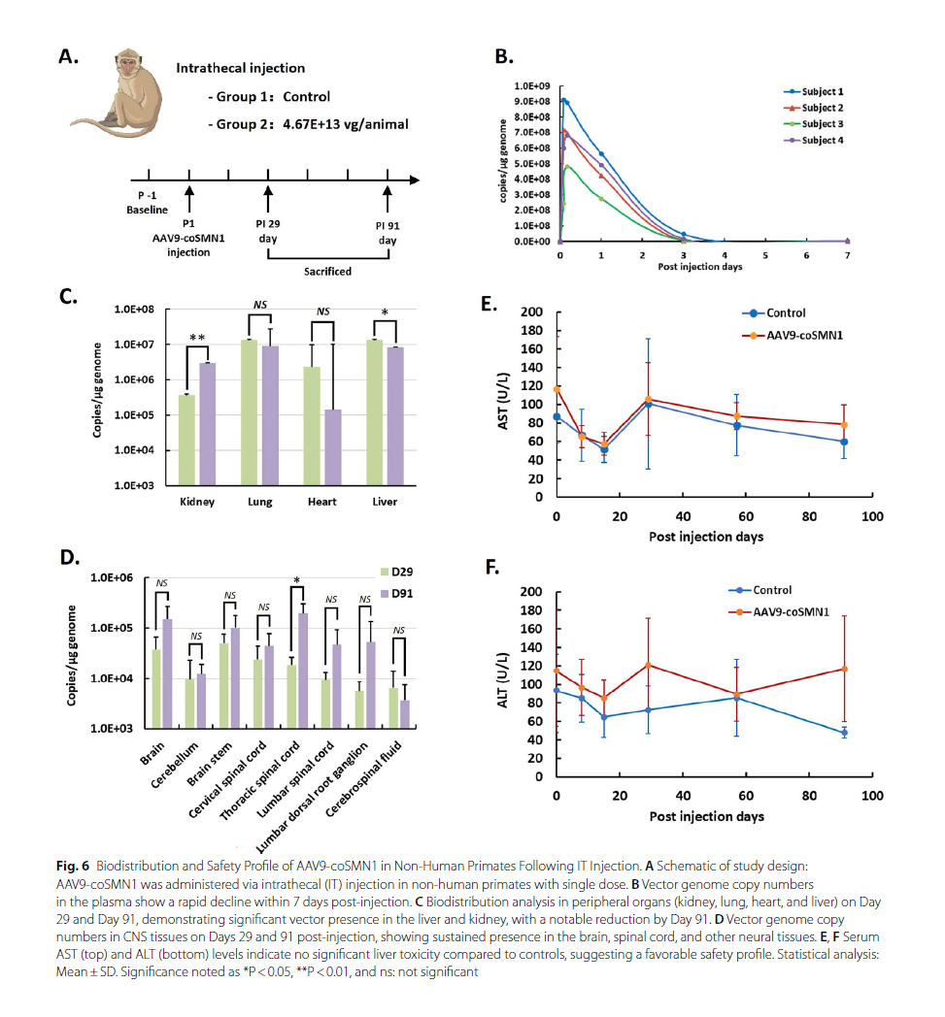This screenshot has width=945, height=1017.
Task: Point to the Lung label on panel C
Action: click(x=260, y=502)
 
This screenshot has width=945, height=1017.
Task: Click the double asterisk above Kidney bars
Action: click(x=196, y=337)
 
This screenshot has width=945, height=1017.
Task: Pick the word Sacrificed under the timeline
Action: click(x=326, y=273)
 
